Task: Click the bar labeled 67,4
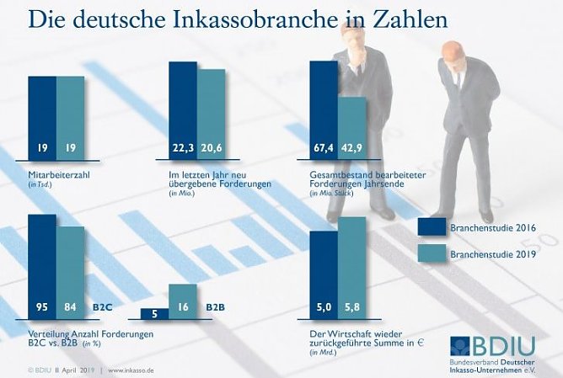[324, 109]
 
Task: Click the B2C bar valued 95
[42, 265]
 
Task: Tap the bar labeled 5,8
[352, 269]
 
